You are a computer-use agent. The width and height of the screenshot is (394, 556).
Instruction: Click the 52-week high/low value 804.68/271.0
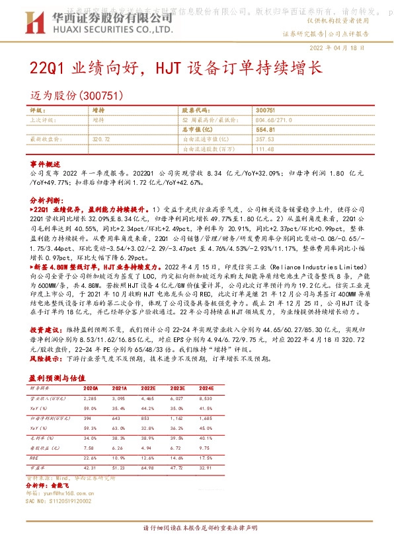point(273,121)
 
